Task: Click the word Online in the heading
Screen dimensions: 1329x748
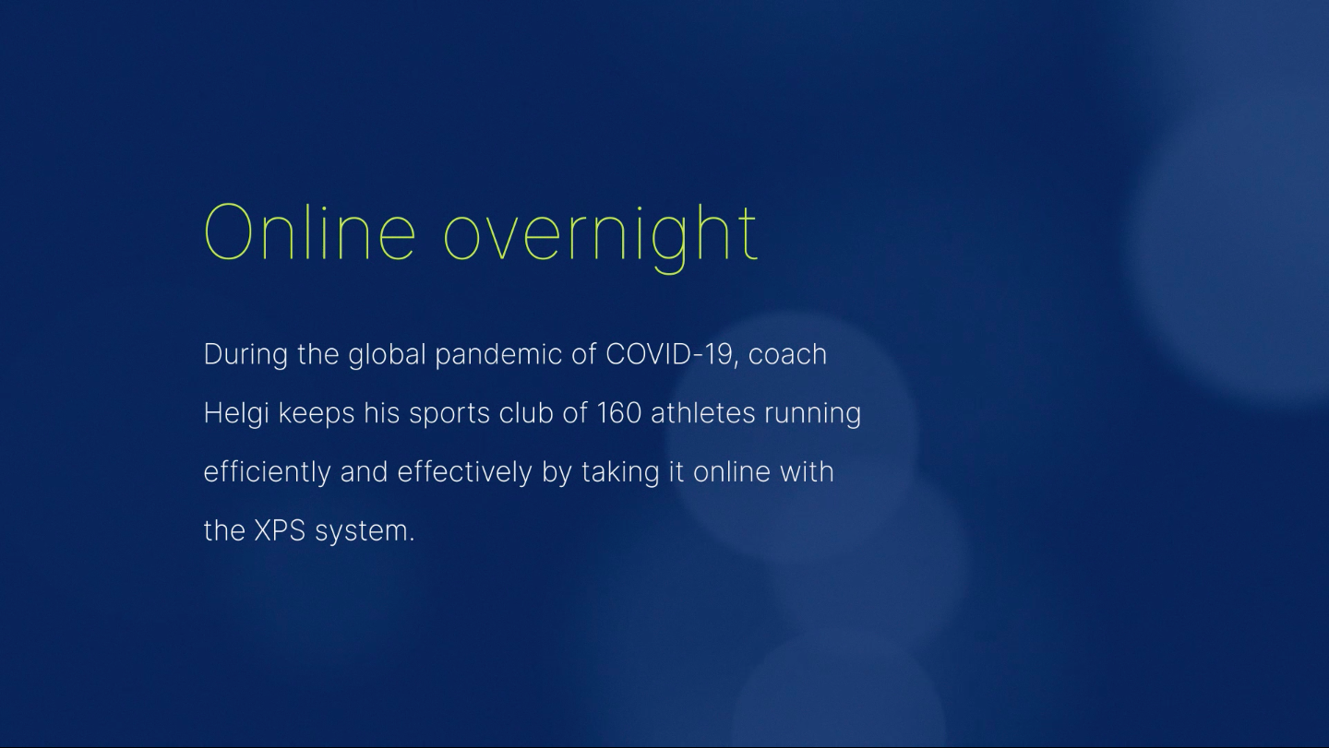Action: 310,232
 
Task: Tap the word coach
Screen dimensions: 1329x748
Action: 787,354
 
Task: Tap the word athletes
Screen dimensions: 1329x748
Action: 703,413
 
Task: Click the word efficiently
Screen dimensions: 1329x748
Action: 267,473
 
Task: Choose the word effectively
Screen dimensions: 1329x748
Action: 464,473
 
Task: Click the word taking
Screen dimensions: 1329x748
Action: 620,473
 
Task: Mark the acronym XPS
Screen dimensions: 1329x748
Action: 280,530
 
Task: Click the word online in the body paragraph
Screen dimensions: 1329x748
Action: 732,472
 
